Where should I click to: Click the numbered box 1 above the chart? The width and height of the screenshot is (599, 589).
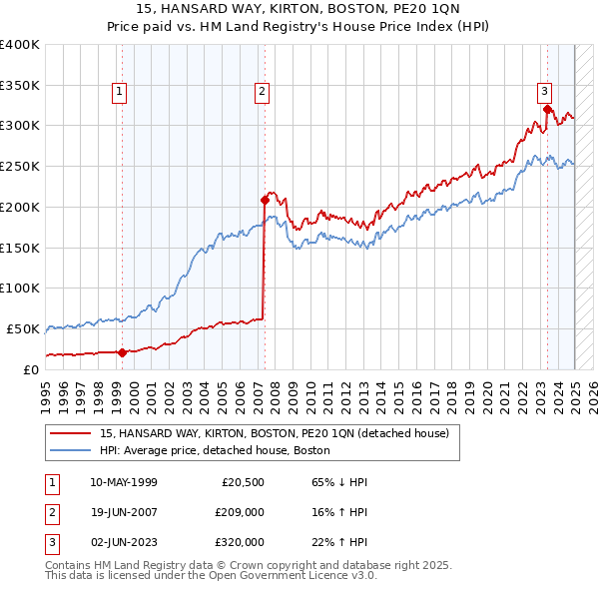(x=120, y=93)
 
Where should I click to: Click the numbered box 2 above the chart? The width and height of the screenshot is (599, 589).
(x=262, y=93)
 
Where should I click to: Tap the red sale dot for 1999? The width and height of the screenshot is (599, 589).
(x=122, y=351)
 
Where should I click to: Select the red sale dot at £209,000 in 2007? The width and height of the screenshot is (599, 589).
(x=265, y=199)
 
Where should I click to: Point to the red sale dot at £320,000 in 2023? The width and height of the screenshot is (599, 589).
(x=547, y=109)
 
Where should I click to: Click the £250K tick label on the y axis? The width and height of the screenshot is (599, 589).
(x=20, y=166)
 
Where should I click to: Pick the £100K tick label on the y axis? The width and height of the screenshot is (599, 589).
(x=20, y=288)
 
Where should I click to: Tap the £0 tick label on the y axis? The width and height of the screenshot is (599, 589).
(x=30, y=369)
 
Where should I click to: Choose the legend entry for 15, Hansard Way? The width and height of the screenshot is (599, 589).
(x=275, y=433)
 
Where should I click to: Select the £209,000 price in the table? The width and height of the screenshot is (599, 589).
(x=240, y=513)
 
